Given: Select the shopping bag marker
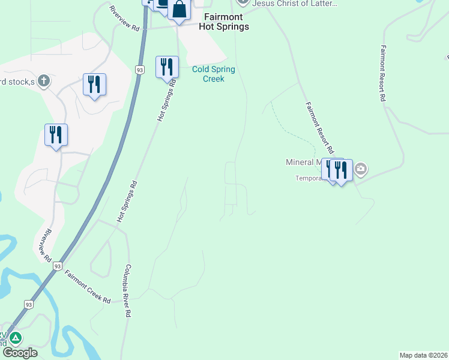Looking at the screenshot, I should [x=179, y=10].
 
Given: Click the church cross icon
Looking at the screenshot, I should [x=43, y=80].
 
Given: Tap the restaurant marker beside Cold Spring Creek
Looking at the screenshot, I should [x=167, y=67].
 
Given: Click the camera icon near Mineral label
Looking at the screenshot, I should [x=361, y=169].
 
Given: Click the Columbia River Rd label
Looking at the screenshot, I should [x=128, y=291].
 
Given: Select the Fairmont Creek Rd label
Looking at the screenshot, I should [x=88, y=286].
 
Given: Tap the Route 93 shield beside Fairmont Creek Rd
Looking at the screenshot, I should [x=58, y=265].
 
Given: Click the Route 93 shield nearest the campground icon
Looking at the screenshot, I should [x=28, y=305].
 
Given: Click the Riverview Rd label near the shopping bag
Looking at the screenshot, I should [x=124, y=19].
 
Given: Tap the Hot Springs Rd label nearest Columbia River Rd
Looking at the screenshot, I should [x=127, y=202].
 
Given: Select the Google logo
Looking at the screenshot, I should [x=20, y=353].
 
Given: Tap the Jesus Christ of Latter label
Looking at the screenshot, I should [x=294, y=4].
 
